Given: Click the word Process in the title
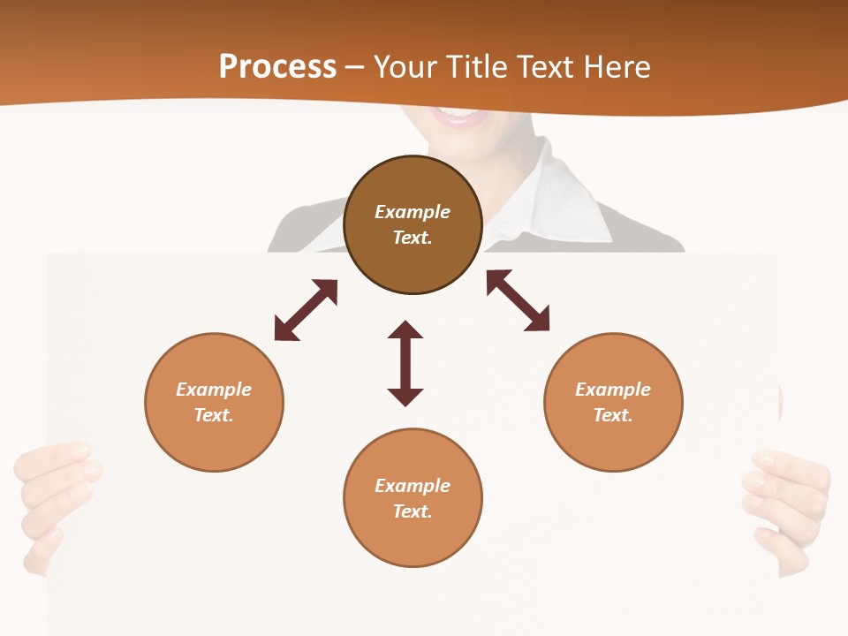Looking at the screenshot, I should [x=277, y=67].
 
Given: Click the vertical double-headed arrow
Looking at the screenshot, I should [x=405, y=363].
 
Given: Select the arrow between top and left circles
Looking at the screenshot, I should [x=306, y=310].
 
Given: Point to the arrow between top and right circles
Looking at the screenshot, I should [x=519, y=300].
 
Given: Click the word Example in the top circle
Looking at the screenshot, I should [x=413, y=212].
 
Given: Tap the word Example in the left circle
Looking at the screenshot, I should [x=214, y=390].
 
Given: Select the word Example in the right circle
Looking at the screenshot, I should [x=613, y=390].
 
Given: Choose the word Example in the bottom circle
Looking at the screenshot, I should [x=413, y=486].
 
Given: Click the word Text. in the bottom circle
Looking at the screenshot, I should [x=413, y=511].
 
